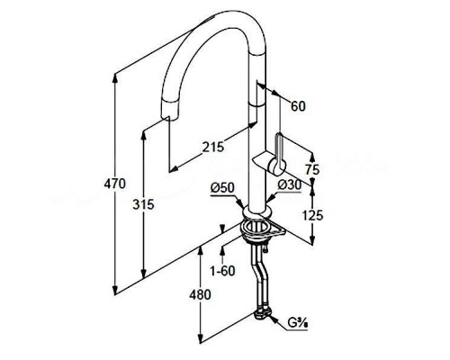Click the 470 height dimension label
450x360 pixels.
click(x=114, y=184)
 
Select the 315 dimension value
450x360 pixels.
click(x=143, y=204)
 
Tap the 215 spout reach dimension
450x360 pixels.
click(x=213, y=147)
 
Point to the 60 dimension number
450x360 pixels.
click(x=299, y=106)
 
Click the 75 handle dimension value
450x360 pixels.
click(x=312, y=170)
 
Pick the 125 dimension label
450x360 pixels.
click(x=312, y=215)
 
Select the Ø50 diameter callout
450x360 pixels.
click(x=222, y=188)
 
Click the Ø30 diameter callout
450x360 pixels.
click(x=289, y=185)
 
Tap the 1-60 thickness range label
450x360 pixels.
click(x=222, y=271)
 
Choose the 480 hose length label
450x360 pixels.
click(x=200, y=294)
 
